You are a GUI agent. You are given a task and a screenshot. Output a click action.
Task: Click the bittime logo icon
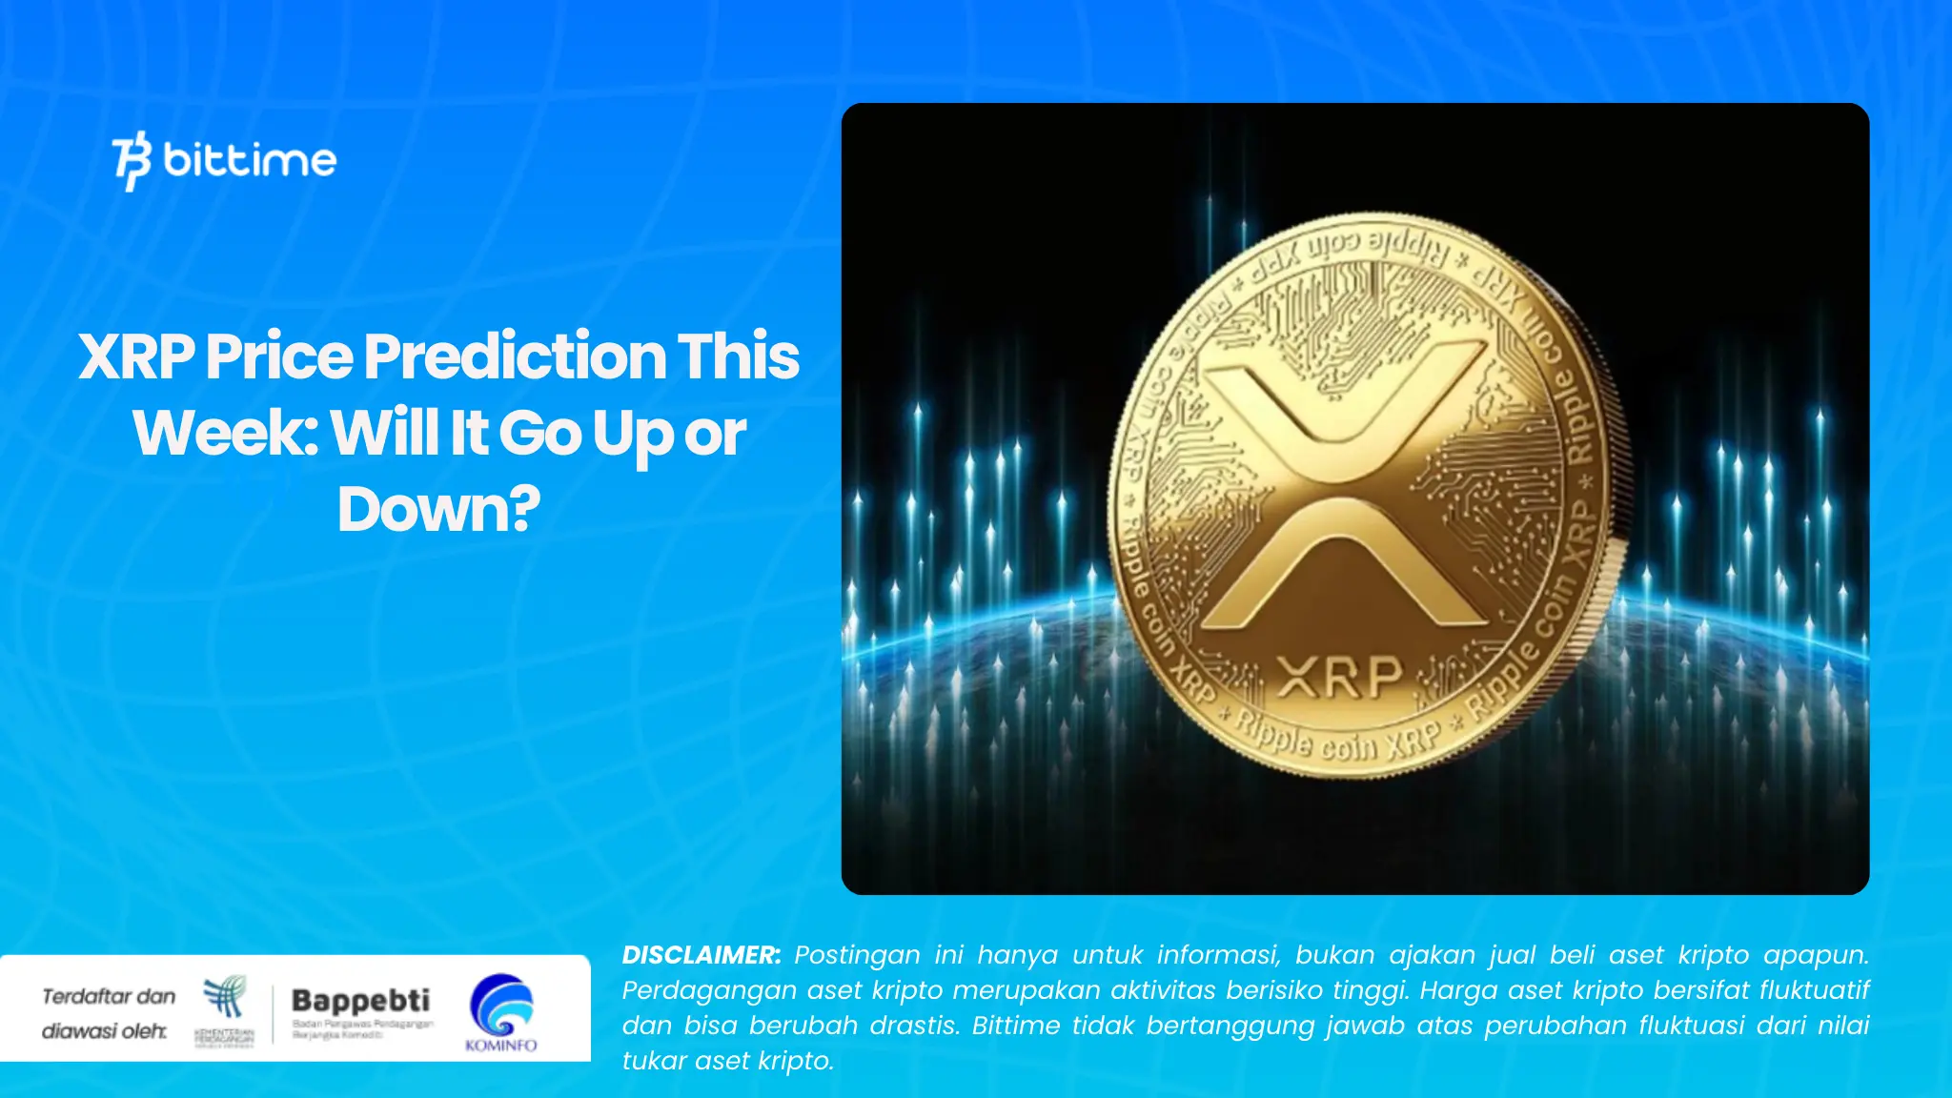(x=132, y=160)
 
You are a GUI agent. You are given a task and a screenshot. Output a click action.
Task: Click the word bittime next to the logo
(x=250, y=159)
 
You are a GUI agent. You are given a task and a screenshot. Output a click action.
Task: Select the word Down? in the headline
(x=438, y=509)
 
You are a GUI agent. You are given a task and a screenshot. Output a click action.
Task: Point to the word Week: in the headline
(x=225, y=434)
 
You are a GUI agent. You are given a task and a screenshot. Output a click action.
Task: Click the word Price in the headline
(x=279, y=356)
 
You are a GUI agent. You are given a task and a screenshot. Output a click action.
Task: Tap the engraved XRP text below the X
(x=1339, y=678)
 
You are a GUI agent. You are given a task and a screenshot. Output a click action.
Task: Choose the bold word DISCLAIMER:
(x=701, y=955)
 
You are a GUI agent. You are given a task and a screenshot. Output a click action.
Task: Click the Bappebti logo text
(x=360, y=1000)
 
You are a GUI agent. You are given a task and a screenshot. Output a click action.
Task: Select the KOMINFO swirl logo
(x=501, y=1006)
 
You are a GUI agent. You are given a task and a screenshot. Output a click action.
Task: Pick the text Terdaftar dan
(x=109, y=996)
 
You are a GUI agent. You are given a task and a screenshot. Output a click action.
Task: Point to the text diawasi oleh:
(x=104, y=1030)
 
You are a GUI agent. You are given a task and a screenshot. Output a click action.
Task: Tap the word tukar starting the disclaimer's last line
(x=652, y=1061)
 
